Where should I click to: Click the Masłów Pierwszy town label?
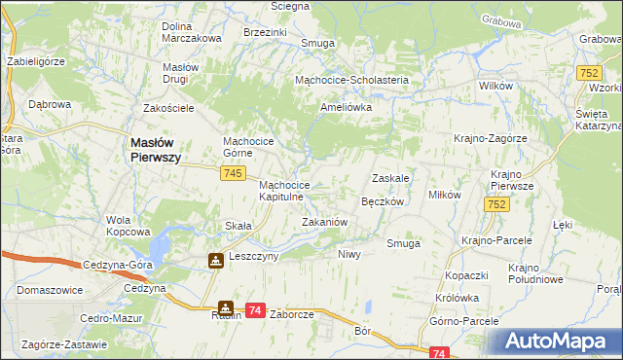click(156, 152)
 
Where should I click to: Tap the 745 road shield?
click(231, 172)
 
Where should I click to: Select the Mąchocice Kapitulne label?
click(284, 191)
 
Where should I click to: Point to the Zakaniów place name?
click(324, 223)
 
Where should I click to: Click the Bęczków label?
click(382, 201)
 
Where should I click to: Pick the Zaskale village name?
click(389, 179)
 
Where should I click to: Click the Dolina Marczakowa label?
click(192, 31)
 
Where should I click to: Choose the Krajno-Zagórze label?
click(490, 138)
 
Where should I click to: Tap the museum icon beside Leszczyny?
click(214, 260)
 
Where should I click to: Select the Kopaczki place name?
click(466, 276)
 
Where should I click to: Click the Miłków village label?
click(445, 195)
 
